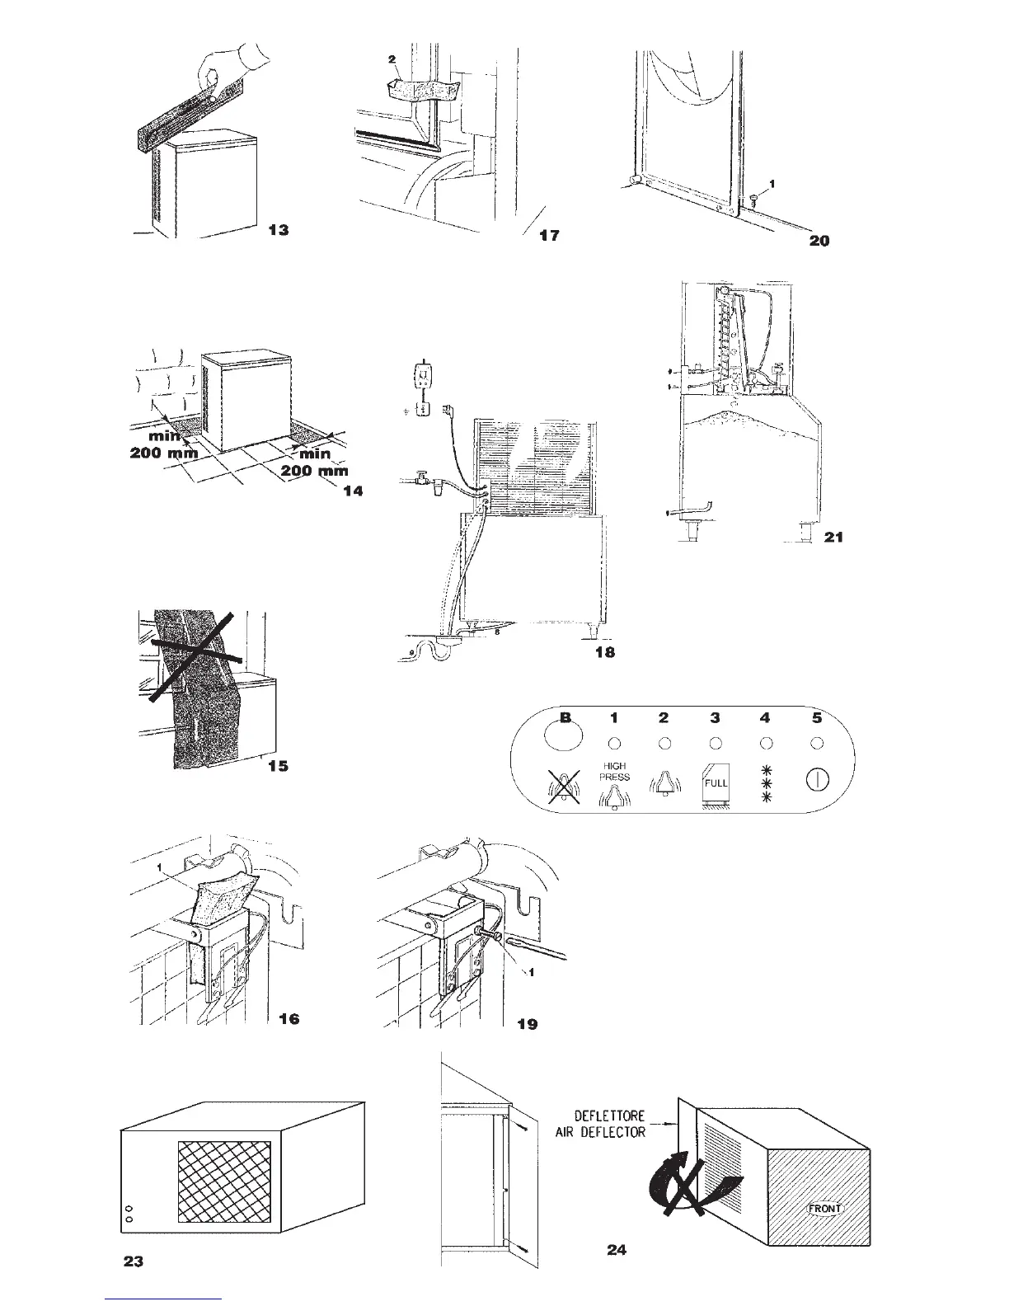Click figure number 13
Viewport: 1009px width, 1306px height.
[279, 230]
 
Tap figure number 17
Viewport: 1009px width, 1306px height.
[549, 236]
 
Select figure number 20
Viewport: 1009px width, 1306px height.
[819, 241]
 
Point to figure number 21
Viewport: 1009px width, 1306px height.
[833, 537]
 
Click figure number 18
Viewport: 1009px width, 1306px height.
[604, 651]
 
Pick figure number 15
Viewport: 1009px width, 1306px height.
[279, 766]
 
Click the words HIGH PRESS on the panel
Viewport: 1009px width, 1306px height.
[614, 771]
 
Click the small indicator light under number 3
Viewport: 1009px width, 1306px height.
[716, 743]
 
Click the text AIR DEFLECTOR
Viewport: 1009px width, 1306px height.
[610, 1132]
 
